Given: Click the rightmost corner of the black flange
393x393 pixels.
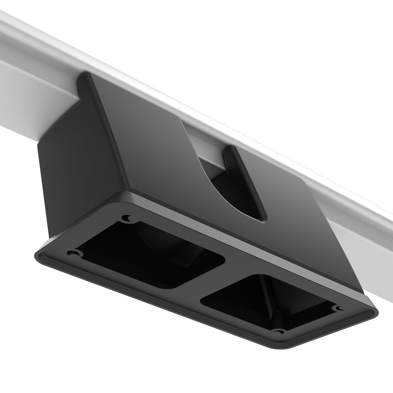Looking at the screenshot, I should [377, 313].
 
